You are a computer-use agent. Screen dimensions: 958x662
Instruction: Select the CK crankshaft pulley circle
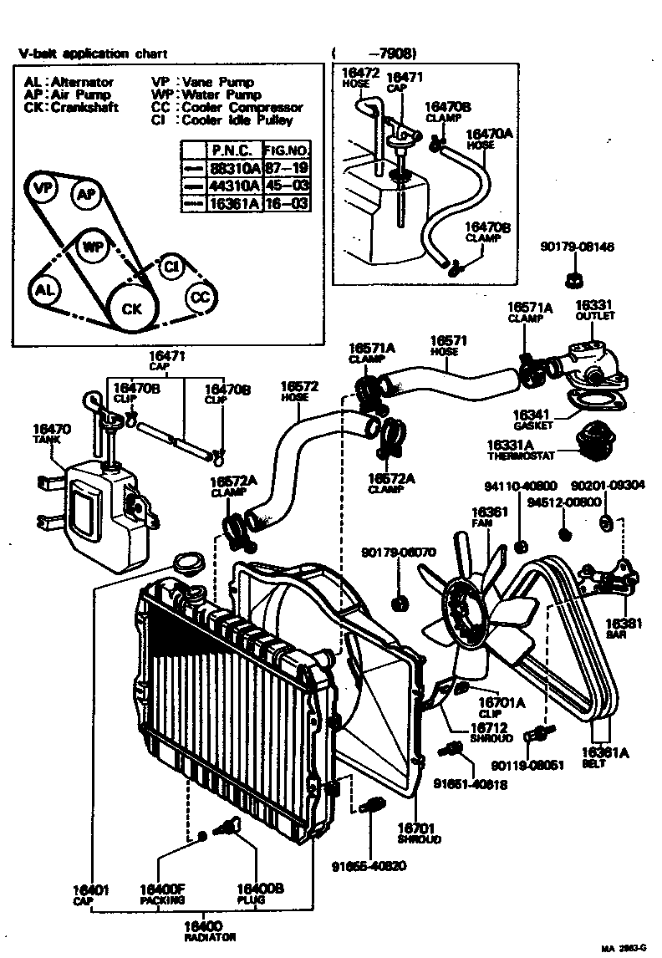pos(132,308)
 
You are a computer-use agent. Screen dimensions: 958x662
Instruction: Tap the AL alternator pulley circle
pos(45,290)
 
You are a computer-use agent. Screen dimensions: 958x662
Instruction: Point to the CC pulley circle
pos(199,297)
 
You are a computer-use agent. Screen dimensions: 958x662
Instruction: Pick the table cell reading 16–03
pos(286,203)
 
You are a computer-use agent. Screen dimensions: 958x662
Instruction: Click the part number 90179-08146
pos(577,247)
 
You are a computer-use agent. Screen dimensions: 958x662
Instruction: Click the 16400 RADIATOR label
pos(210,930)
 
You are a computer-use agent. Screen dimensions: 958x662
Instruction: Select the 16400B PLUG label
pos(251,894)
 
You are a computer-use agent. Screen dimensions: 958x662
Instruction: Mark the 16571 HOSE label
pos(447,344)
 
